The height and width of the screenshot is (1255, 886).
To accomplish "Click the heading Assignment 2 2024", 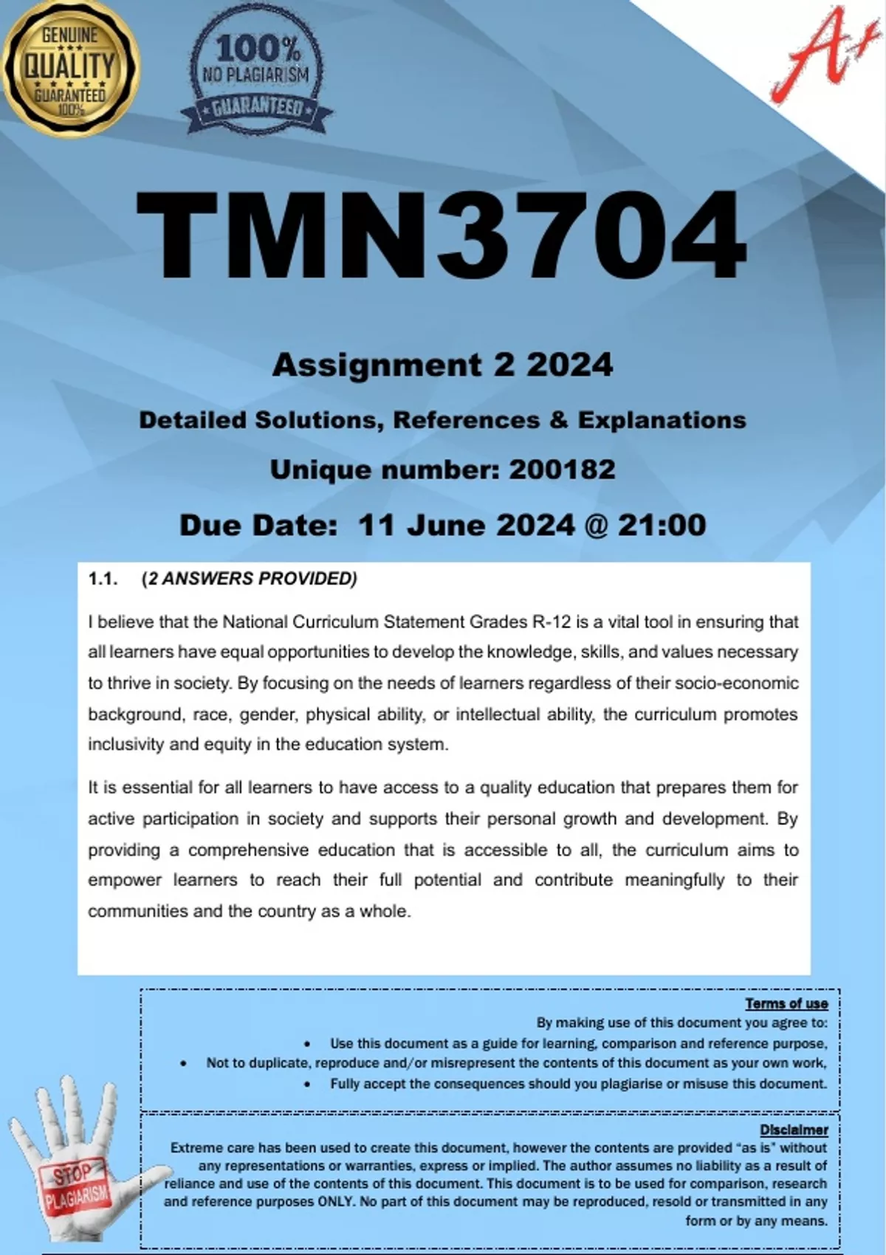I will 442,365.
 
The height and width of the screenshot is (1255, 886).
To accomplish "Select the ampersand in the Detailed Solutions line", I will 558,420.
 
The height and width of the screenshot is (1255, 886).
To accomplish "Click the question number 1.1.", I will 103,579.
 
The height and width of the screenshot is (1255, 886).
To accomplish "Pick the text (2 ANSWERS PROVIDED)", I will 249,579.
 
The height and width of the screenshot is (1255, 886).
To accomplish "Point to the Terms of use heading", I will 786,1003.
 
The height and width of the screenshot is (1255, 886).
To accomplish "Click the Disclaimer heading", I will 794,1129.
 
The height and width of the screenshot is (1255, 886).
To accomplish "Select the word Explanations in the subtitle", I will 662,420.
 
